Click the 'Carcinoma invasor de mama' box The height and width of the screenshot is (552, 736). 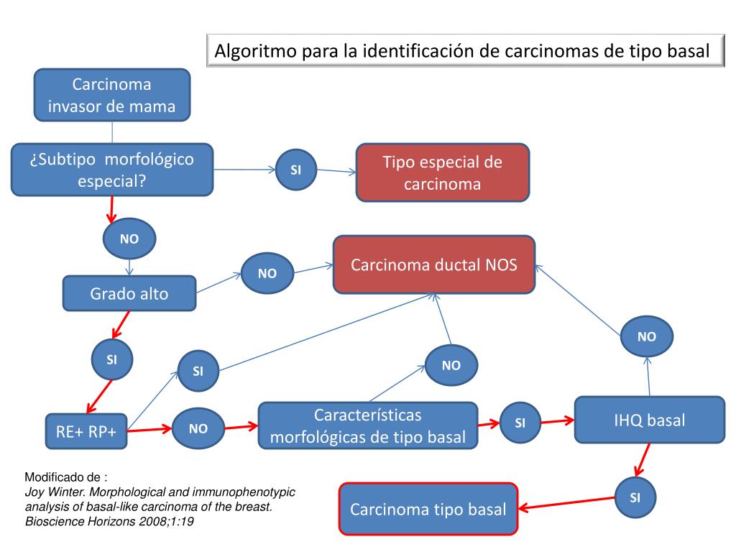[x=111, y=96]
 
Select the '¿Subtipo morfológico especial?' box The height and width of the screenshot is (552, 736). [x=112, y=170]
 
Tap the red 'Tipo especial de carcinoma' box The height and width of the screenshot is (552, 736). [x=442, y=172]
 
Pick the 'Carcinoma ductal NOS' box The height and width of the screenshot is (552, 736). [x=433, y=264]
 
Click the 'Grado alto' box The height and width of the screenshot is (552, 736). [x=129, y=293]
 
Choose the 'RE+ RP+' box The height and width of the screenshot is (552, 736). [x=86, y=431]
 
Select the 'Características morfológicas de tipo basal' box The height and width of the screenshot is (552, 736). [x=367, y=425]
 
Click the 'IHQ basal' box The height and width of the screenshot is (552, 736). [x=649, y=420]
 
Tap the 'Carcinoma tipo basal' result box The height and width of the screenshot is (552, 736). [x=428, y=509]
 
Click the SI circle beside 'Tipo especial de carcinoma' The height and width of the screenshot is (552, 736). [x=295, y=170]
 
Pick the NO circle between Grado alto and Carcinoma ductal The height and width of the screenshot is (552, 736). [x=267, y=273]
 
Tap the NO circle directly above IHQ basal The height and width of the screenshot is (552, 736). [x=647, y=336]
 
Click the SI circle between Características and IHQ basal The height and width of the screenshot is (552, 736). [x=520, y=423]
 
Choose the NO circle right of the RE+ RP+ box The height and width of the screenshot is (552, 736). [x=198, y=429]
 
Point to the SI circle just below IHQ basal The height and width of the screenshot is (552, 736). [x=635, y=497]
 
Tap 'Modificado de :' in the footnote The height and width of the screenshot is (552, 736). [x=66, y=477]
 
